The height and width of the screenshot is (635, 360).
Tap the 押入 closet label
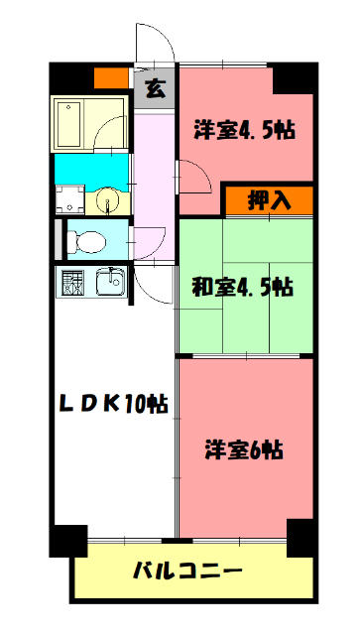[267, 199]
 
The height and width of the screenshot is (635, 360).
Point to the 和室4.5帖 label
[243, 288]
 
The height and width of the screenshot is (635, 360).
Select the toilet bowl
[87, 240]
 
